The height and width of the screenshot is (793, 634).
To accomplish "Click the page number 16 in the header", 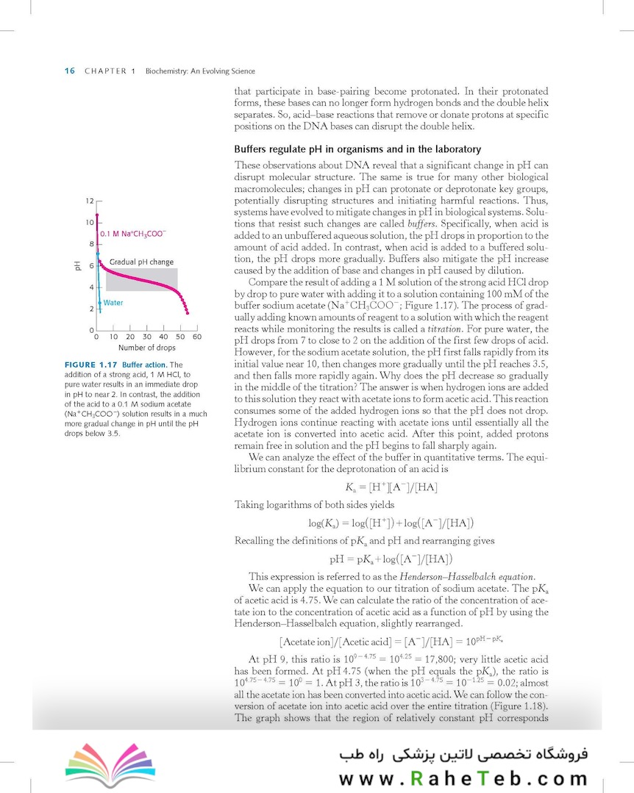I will tap(70, 71).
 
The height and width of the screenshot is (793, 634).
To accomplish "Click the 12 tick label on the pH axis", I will tap(88, 201).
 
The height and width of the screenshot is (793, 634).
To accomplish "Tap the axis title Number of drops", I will tap(147, 348).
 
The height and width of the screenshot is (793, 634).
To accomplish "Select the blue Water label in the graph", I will tap(113, 302).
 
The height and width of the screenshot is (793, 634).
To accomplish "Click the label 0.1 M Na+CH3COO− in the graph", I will tap(133, 234).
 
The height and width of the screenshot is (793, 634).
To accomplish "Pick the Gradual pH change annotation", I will tap(142, 262).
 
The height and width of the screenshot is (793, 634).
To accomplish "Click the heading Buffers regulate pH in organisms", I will tap(357, 149).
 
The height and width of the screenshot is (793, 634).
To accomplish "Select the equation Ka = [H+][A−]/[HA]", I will tap(391, 486).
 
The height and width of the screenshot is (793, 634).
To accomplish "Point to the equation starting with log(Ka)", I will tap(391, 523).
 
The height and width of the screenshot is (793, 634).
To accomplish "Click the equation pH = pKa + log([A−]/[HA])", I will tap(391, 558).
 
